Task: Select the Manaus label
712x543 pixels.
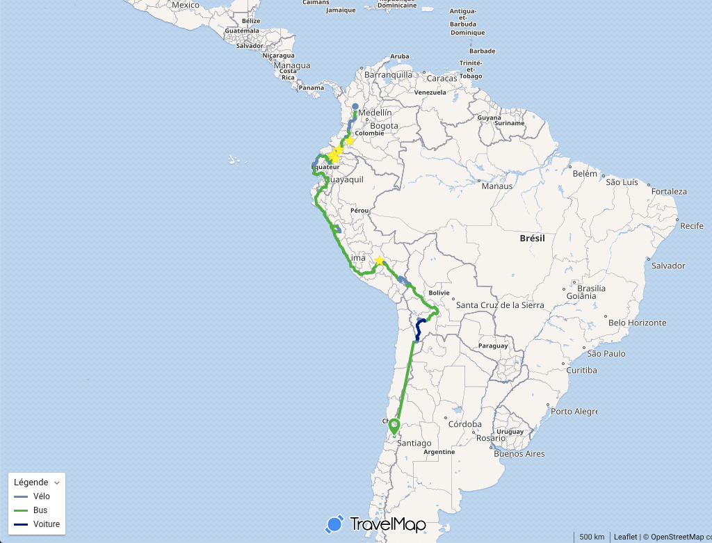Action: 496,186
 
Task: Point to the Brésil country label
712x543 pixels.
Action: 532,238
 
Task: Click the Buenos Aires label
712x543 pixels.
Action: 519,454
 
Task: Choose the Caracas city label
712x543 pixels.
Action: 442,78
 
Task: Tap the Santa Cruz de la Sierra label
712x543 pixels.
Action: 499,305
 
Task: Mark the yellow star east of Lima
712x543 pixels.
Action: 379,261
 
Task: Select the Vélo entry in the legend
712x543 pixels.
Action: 41,496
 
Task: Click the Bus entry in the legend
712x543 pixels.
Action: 40,510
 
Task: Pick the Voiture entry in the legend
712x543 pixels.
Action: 46,524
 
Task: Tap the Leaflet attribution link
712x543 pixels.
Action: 625,537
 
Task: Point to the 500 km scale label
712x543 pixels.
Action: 592,537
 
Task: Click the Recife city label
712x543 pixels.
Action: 692,226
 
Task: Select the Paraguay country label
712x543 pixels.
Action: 494,346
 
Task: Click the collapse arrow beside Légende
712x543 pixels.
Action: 57,483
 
